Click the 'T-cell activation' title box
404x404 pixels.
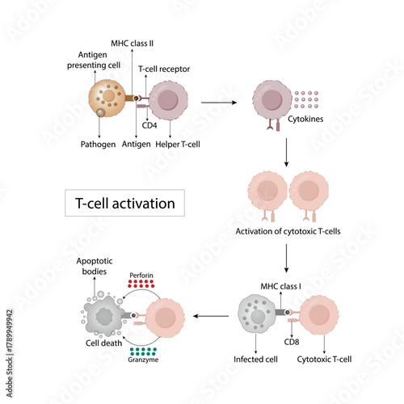coord(125,202)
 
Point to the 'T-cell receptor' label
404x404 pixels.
coord(163,69)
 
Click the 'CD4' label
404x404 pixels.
coord(149,125)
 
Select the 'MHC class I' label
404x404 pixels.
coord(280,286)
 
